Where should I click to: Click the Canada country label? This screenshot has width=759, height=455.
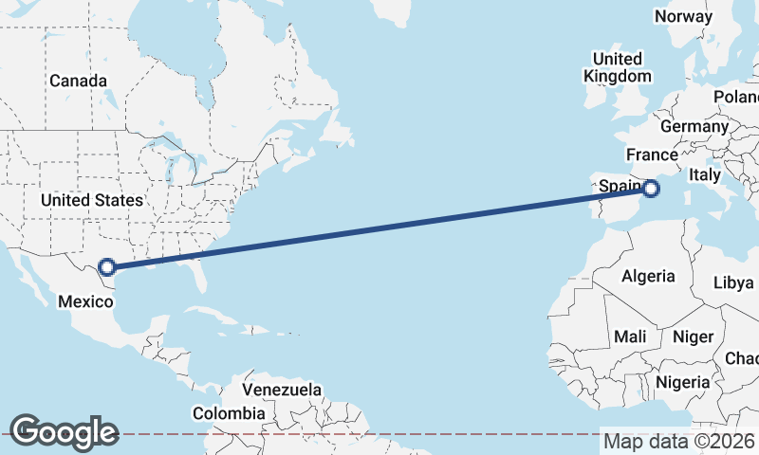[x=78, y=81]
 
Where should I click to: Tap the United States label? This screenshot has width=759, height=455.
[x=91, y=200]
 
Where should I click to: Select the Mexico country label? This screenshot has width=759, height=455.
[x=85, y=301]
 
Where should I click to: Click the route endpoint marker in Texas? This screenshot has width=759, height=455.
[x=108, y=267]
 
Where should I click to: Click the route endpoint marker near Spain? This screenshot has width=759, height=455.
[x=651, y=189]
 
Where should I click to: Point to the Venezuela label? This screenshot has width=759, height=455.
[x=282, y=390]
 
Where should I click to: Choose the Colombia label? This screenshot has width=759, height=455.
[x=229, y=413]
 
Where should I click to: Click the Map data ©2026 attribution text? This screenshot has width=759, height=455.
[x=678, y=441]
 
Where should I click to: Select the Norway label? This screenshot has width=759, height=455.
[x=683, y=16]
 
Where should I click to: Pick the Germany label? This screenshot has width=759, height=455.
[x=694, y=126]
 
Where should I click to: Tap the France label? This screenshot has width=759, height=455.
[x=652, y=155]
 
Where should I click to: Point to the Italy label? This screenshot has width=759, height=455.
[x=705, y=174]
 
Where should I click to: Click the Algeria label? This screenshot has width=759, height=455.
[x=648, y=276]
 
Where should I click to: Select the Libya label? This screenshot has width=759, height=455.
[x=732, y=282]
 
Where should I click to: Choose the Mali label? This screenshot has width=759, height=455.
[x=630, y=337]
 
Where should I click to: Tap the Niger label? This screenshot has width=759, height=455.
[x=693, y=337]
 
